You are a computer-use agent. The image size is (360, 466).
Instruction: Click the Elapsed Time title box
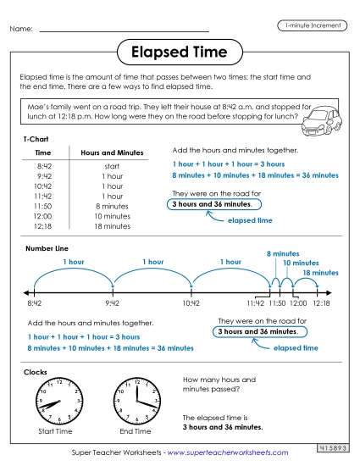point(180,53)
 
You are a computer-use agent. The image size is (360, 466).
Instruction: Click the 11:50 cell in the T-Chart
point(43,206)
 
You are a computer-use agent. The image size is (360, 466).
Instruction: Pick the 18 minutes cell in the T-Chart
point(113,226)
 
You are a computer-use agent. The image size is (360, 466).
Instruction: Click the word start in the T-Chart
point(112,166)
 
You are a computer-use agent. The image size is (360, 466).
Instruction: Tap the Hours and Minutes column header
point(112,153)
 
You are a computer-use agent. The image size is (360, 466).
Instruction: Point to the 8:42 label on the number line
point(34,302)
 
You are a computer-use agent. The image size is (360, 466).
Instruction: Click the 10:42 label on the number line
point(191,302)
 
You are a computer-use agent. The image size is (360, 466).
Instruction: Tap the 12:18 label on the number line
point(322,302)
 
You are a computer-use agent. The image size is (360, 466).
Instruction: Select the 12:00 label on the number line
point(298,302)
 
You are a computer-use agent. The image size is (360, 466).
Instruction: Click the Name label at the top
point(21,29)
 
